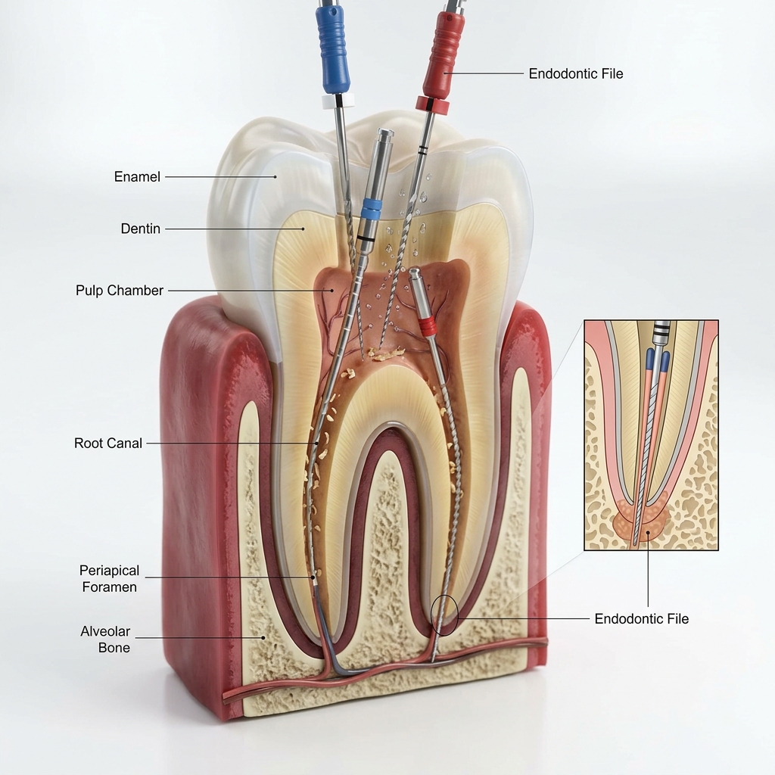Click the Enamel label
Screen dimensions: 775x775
click(x=137, y=176)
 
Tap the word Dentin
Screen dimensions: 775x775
click(x=140, y=229)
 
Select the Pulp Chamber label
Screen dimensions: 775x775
click(x=119, y=290)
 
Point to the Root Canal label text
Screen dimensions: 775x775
click(x=107, y=443)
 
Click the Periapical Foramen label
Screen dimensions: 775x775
click(x=109, y=579)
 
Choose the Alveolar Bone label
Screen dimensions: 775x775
click(x=105, y=640)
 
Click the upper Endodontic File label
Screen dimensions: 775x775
click(x=576, y=73)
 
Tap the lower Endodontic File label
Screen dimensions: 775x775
click(x=642, y=619)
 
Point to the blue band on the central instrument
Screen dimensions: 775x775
click(x=372, y=209)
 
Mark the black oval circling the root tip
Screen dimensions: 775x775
click(x=444, y=615)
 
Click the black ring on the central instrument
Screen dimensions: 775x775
click(x=366, y=239)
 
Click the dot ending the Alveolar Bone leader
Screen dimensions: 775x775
click(x=263, y=637)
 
